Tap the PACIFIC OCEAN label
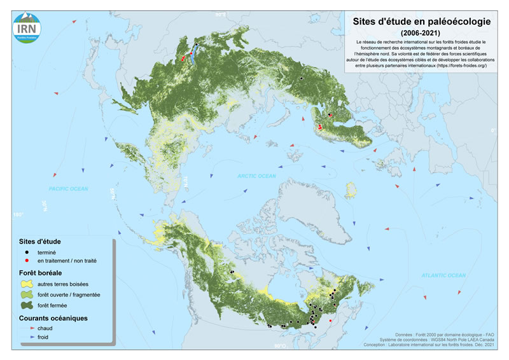[69, 189]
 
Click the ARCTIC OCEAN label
[256, 176]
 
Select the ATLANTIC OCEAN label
[443, 275]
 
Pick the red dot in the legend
[28, 261]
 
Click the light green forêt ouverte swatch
[29, 295]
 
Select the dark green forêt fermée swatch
[29, 306]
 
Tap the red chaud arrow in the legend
[28, 328]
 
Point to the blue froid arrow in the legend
[28, 337]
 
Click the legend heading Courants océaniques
[53, 318]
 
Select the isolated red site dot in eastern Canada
[330, 321]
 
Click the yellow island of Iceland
[350, 190]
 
